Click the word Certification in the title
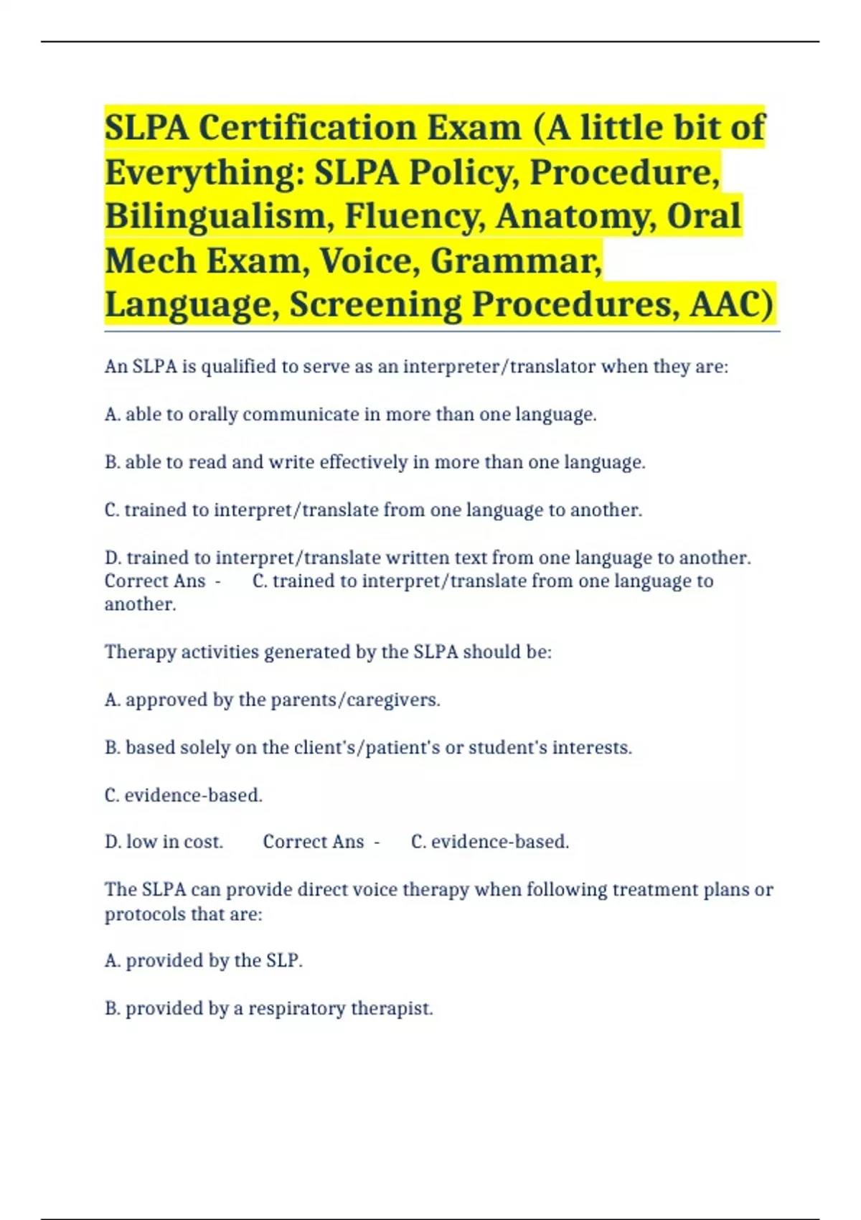click(309, 128)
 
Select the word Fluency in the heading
click(415, 217)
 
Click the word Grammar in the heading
click(516, 261)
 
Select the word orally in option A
click(212, 415)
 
